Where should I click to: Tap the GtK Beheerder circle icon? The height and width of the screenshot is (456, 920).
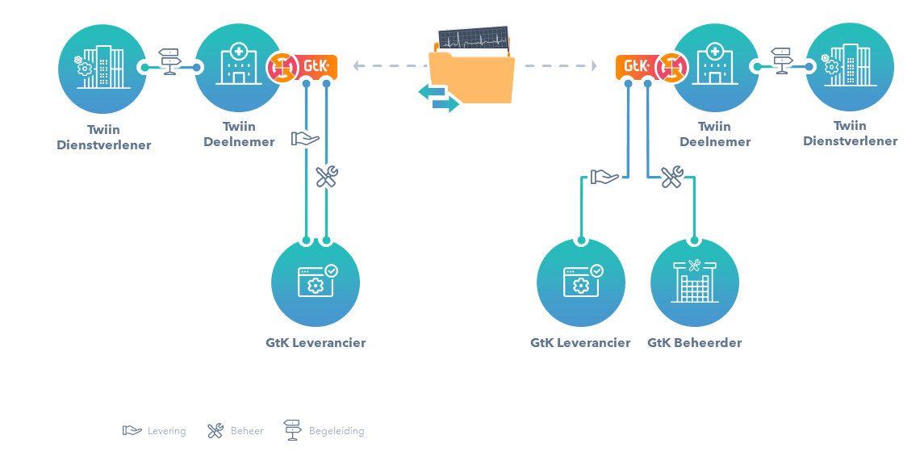tap(694, 283)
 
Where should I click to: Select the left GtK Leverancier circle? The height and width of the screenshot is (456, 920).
tap(316, 283)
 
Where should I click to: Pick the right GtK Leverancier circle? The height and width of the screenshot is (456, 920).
tap(581, 283)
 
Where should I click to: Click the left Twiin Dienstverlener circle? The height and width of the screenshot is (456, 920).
tap(103, 68)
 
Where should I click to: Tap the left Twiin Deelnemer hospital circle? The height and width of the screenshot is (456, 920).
tap(239, 68)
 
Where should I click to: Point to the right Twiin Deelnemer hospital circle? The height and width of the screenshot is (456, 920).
tap(715, 68)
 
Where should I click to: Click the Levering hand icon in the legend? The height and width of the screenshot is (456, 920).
tap(132, 431)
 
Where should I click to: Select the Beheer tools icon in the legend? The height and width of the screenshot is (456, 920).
tap(215, 431)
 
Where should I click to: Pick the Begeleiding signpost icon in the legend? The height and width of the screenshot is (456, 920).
tap(293, 430)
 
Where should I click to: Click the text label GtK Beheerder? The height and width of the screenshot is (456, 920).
tap(694, 343)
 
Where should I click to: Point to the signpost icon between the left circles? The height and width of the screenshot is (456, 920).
tap(169, 61)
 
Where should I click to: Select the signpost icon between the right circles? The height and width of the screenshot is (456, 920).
tap(781, 61)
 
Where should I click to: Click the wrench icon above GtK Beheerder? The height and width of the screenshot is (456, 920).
tap(671, 177)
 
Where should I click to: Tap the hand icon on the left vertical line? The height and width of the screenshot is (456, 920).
tap(305, 139)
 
